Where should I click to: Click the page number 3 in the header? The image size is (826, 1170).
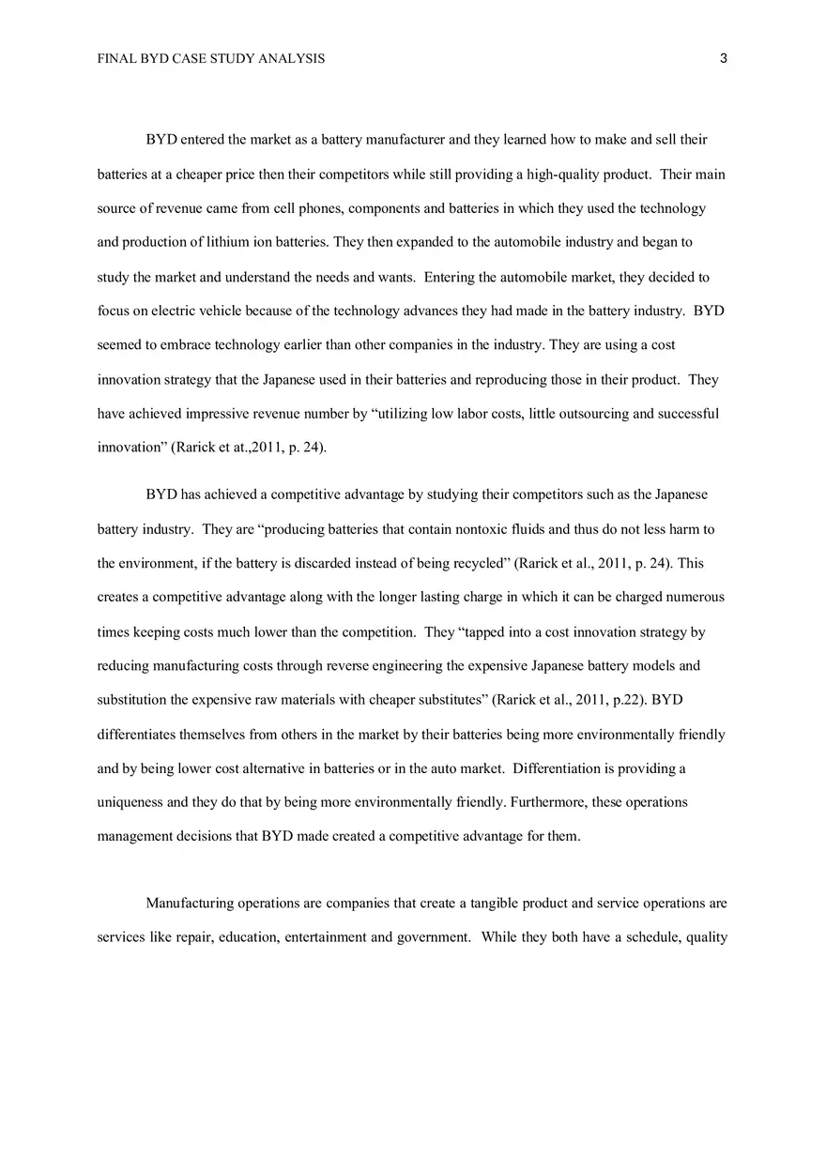[x=724, y=58]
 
